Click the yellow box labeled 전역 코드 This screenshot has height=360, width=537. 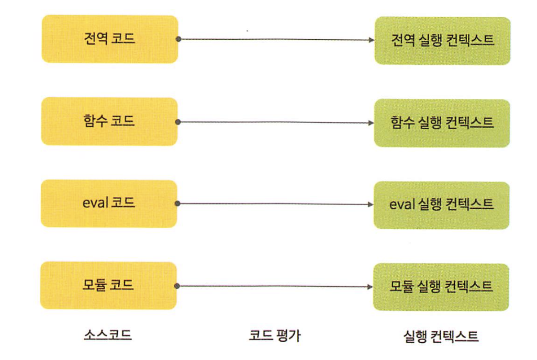pyautogui.click(x=109, y=39)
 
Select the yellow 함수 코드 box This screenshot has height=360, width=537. pyautogui.click(x=109, y=121)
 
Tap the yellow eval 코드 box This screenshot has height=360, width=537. pyautogui.click(x=109, y=204)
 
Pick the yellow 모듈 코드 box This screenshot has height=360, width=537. pyautogui.click(x=109, y=286)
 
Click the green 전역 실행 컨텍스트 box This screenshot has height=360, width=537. pyautogui.click(x=442, y=40)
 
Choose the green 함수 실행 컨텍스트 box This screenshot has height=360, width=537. pyautogui.click(x=442, y=123)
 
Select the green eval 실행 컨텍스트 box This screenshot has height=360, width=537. pyautogui.click(x=441, y=205)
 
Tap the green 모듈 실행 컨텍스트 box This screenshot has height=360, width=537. pyautogui.click(x=441, y=287)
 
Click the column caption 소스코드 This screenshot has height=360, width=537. pyautogui.click(x=107, y=335)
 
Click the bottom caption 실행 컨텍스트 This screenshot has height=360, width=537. pyautogui.click(x=441, y=336)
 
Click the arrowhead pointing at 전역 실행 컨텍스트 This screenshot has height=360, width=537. pyautogui.click(x=371, y=40)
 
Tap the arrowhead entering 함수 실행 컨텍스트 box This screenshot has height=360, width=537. pyautogui.click(x=371, y=123)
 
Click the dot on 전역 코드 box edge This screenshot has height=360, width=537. pyautogui.click(x=178, y=39)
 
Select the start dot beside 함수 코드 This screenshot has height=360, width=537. pyautogui.click(x=178, y=122)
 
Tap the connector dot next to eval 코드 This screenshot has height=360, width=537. pyautogui.click(x=178, y=204)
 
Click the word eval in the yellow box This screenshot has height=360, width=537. pyautogui.click(x=95, y=204)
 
